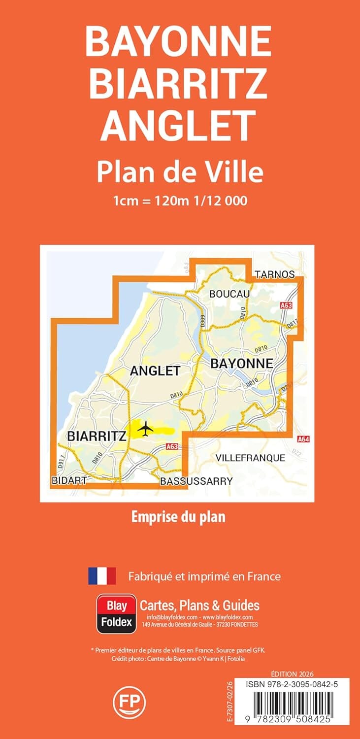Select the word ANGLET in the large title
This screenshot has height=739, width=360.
click(x=179, y=124)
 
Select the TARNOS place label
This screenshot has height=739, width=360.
click(x=275, y=274)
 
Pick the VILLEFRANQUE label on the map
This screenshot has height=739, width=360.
click(x=250, y=458)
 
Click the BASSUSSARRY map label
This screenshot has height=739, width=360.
click(x=196, y=481)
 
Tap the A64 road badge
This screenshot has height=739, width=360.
click(x=303, y=439)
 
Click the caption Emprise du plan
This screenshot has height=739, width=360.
click(x=178, y=517)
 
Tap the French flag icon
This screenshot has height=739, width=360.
click(x=102, y=576)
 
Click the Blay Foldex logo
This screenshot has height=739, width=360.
click(x=116, y=613)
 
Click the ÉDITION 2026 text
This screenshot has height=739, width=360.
click(x=292, y=673)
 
